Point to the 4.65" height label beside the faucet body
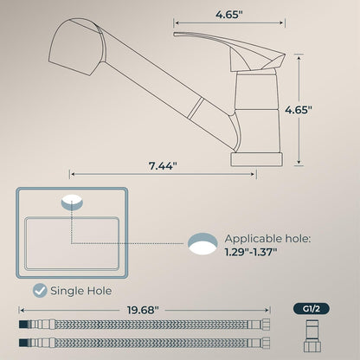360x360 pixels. coord(323,110)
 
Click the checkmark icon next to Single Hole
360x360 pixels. coord(38,292)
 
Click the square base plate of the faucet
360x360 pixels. coord(257,159)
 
